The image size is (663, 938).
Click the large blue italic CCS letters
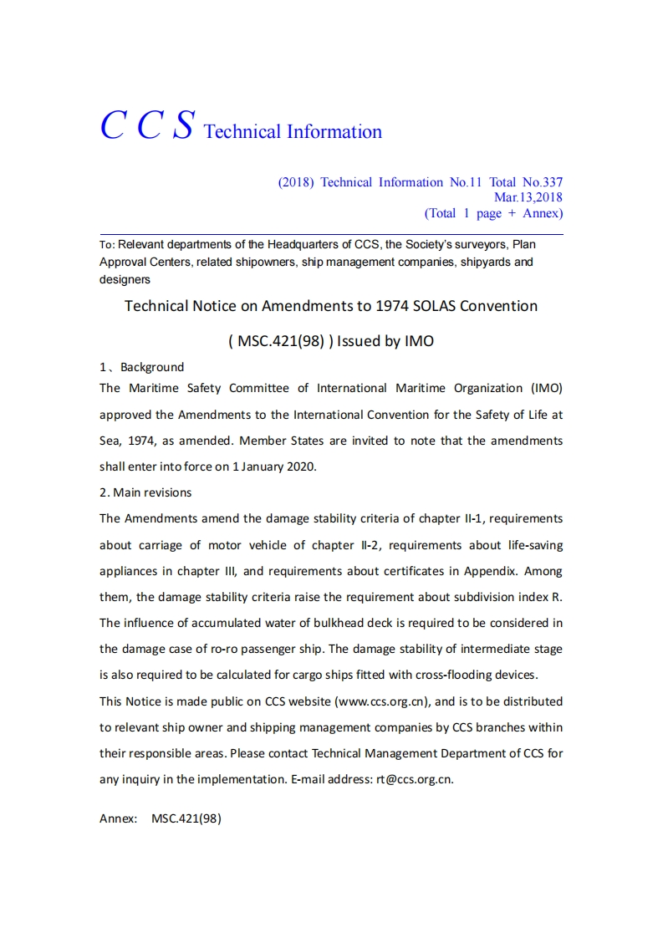pos(148,125)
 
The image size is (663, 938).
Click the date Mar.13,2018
pos(528,198)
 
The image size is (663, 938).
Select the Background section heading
pos(151,367)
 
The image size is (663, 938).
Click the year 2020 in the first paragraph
pos(301,466)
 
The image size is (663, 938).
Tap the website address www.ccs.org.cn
pos(382,701)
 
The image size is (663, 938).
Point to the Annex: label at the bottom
pos(118,819)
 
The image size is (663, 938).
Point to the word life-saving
pos(534,545)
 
